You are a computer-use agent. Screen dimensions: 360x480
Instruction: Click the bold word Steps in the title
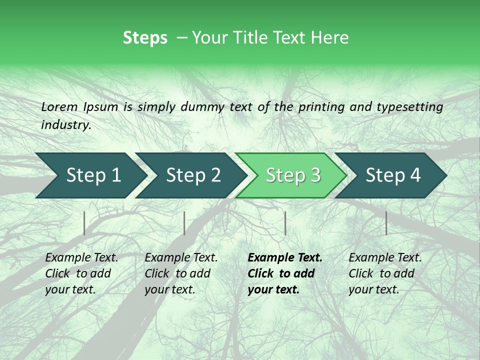145,38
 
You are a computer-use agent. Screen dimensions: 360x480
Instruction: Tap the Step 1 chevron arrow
92,175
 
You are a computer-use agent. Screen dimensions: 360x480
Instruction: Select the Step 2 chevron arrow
192,175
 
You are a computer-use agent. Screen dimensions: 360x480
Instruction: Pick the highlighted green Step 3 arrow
292,175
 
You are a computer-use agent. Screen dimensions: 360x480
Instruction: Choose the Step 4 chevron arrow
392,175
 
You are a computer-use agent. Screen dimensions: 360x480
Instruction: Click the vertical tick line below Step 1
84,223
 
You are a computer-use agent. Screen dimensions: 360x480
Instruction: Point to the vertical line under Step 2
184,223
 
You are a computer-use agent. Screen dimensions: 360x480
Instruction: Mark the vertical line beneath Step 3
285,223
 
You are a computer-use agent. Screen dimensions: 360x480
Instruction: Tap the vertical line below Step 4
386,223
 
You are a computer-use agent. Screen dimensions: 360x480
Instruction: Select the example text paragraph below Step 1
81,273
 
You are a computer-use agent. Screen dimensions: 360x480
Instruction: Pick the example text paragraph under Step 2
181,273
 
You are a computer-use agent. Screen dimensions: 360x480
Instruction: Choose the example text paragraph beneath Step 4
385,273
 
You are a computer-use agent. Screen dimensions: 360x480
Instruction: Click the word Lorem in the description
59,106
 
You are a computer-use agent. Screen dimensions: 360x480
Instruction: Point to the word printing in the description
322,107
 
